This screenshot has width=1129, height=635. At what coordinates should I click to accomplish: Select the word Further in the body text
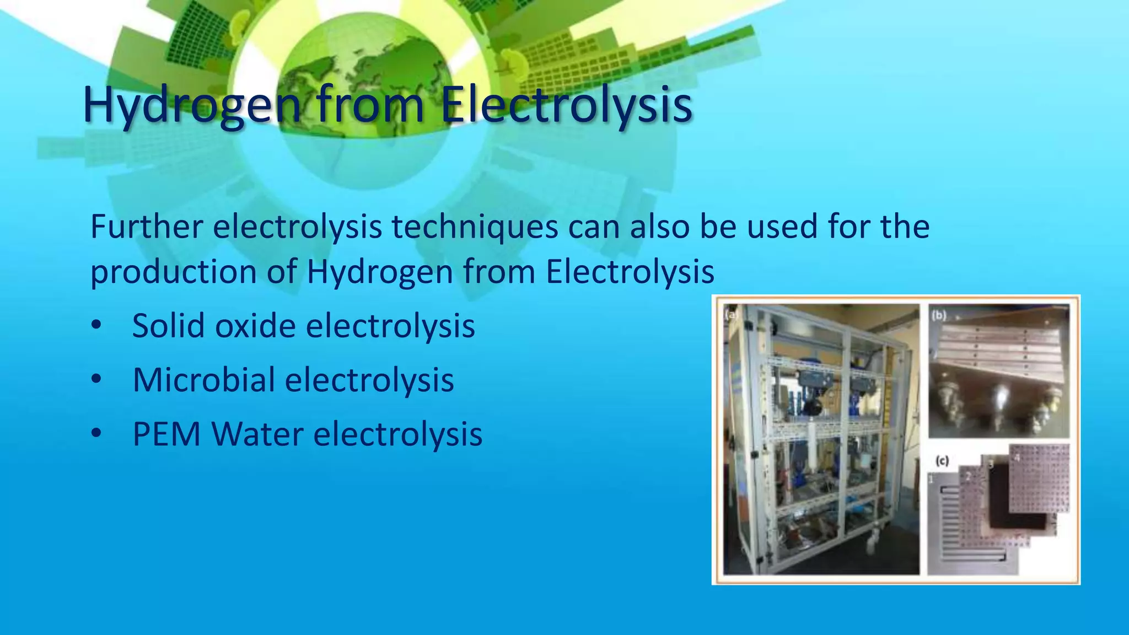click(147, 227)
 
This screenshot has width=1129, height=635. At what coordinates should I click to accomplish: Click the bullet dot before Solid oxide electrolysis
click(96, 326)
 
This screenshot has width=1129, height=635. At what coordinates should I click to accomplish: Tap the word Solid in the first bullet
click(168, 325)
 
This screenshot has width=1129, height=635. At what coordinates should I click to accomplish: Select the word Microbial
click(204, 380)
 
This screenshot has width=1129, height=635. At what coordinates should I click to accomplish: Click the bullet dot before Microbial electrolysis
click(96, 380)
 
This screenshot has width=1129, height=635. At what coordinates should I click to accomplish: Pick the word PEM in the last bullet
click(167, 434)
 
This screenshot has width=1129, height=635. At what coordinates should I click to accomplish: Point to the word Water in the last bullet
click(258, 434)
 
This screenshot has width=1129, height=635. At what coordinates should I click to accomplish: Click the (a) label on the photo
click(731, 315)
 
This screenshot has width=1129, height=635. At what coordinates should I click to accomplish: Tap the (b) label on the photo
click(939, 315)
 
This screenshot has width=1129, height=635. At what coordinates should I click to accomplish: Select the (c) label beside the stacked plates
click(942, 461)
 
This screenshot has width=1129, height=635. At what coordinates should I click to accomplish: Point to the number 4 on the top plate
click(1018, 458)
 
